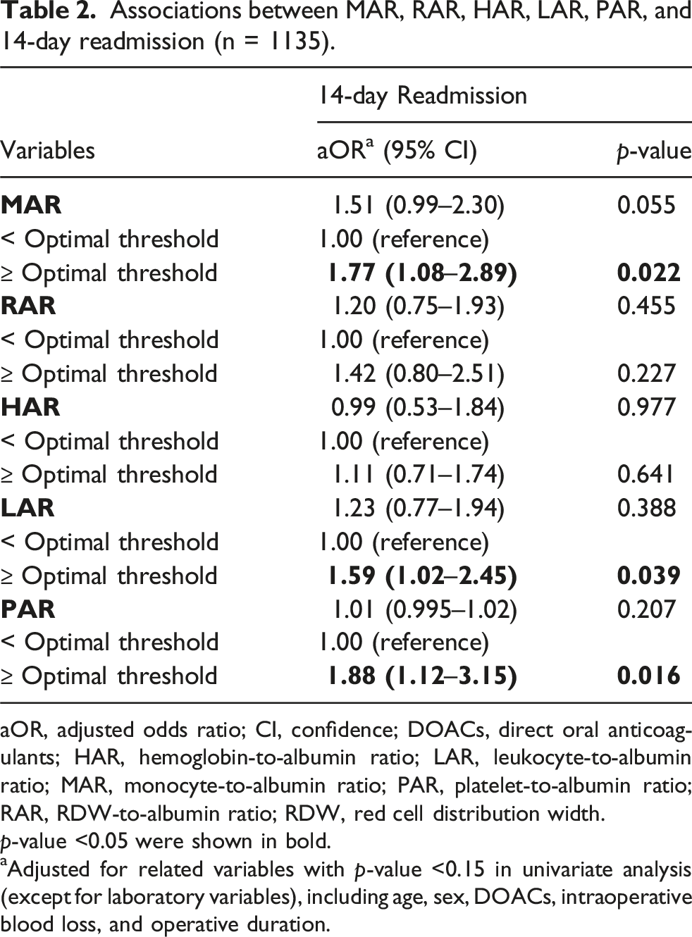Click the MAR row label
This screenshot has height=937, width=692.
point(31,205)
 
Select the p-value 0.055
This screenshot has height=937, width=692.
point(646,205)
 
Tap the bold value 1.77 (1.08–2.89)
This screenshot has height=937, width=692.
point(423,273)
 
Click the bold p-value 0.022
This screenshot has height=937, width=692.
point(649,273)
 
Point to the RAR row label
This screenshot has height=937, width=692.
point(28,306)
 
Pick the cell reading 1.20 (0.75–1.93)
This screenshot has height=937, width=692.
point(419,306)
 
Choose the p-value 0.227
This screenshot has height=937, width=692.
point(646,373)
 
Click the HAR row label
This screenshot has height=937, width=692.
point(30,407)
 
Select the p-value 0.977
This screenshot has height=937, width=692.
point(646,407)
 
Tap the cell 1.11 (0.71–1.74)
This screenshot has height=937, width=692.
point(419,474)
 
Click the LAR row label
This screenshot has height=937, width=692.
point(28,508)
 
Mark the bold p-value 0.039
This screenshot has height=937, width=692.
point(649,576)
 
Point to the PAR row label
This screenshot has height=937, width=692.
point(28,609)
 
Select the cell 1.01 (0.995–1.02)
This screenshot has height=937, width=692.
point(425,609)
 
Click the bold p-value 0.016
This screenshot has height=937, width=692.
point(649,676)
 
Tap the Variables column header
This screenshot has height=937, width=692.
point(48,150)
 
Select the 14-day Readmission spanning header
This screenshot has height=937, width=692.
point(422,97)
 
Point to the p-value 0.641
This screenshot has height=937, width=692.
point(645,474)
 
